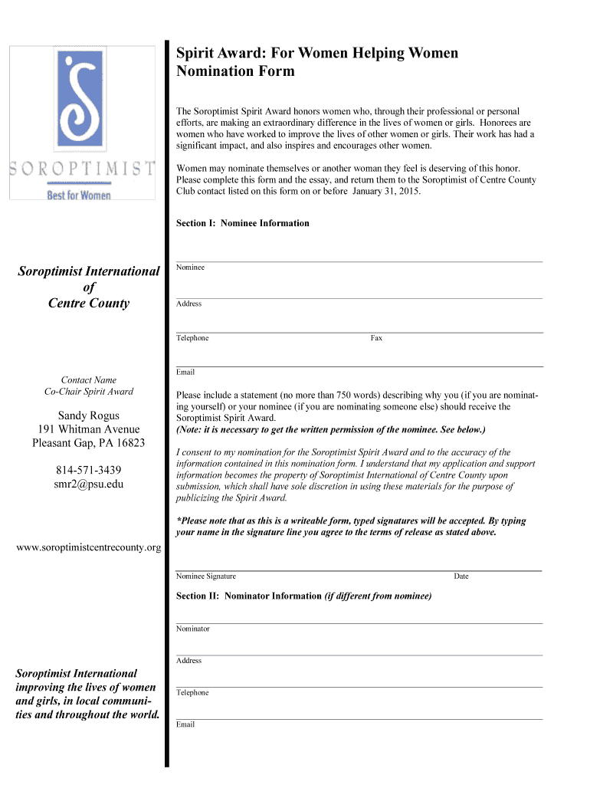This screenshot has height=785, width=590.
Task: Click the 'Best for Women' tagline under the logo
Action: click(x=80, y=195)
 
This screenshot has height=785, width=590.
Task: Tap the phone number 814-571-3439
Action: click(x=88, y=470)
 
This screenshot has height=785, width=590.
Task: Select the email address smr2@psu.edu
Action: click(x=88, y=484)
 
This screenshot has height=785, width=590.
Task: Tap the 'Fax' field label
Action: click(x=376, y=338)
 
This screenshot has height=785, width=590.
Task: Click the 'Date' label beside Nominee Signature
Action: click(x=461, y=576)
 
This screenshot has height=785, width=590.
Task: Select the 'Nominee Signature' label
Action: click(x=206, y=576)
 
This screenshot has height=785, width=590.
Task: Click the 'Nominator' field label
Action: click(x=192, y=629)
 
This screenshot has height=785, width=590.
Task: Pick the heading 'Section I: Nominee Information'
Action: click(x=243, y=223)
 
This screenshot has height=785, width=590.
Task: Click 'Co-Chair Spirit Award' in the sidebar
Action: click(x=89, y=392)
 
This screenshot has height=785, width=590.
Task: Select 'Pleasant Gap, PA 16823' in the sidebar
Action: click(x=88, y=443)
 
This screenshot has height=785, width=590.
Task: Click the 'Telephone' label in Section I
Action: click(x=192, y=338)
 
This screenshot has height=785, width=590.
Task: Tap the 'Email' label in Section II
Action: click(x=185, y=724)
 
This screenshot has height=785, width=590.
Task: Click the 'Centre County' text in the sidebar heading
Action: click(x=89, y=303)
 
